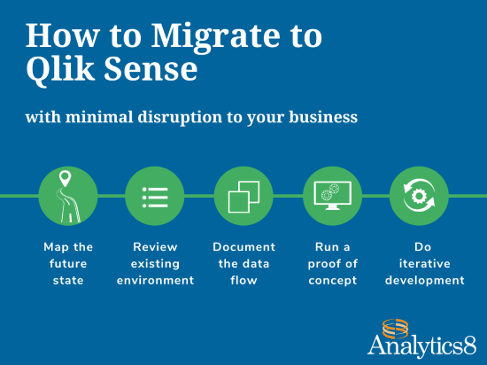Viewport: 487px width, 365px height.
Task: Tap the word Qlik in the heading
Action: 60,69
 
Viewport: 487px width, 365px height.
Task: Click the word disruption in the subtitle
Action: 180,117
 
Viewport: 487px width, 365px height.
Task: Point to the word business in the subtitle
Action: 323,117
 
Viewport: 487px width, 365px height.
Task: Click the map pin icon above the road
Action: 65,178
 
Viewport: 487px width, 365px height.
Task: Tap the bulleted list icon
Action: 155,197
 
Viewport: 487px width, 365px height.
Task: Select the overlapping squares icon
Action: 243,197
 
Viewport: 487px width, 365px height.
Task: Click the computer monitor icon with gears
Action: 332,196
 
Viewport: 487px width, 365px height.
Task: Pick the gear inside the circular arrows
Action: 419,196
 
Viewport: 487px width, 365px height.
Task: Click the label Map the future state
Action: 68,263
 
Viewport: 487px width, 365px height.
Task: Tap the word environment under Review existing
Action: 155,280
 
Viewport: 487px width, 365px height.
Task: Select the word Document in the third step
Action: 243,247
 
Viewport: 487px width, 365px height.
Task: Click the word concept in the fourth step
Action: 333,281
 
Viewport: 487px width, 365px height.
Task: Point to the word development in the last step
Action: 424,280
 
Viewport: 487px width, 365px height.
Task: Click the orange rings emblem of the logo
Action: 395,329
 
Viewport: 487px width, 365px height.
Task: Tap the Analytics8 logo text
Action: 421,345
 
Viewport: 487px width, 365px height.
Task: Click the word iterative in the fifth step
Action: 424,264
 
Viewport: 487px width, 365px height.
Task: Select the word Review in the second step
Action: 155,247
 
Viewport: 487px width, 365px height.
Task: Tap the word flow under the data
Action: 243,280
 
